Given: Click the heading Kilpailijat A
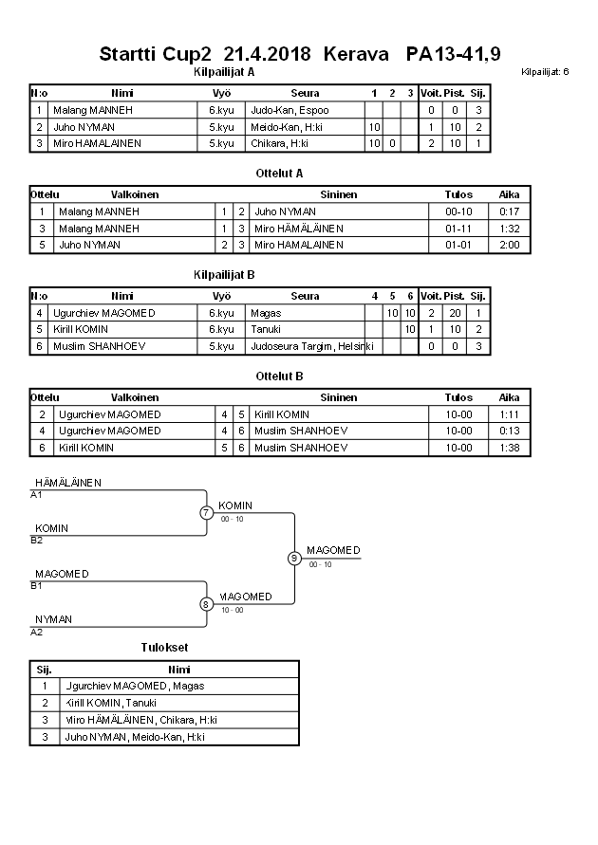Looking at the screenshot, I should click(223, 71).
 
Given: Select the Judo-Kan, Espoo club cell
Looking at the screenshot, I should click(290, 110).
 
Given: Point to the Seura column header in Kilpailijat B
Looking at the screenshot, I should click(305, 296).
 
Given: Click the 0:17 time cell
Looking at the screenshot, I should click(510, 211).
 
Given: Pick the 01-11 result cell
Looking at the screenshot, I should click(458, 229).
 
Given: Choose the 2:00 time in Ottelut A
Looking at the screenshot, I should click(510, 245).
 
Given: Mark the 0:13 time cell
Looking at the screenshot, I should click(510, 431).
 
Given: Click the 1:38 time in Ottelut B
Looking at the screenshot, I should click(510, 447).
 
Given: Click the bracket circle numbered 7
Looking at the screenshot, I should click(206, 513).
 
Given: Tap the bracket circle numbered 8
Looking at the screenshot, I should click(206, 604).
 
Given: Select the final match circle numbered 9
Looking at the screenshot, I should click(294, 559).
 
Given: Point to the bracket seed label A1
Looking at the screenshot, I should click(36, 495).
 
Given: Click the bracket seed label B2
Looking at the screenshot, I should click(36, 541).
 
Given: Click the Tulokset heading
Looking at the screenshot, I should click(164, 648).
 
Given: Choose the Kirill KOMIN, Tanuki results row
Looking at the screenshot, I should click(109, 703).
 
